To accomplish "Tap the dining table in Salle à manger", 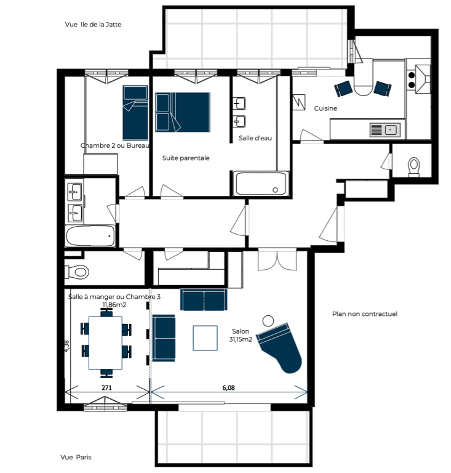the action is coord(105,342).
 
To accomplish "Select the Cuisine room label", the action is coord(325,108).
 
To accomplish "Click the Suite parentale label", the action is coord(186,158).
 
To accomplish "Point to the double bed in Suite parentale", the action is coord(183,112).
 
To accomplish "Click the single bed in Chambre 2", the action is coord(135,113).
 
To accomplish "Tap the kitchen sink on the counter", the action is coord(385,130).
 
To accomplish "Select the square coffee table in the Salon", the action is coord(205,338).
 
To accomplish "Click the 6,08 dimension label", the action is coord(228,387).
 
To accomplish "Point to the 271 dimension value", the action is coord(106,387).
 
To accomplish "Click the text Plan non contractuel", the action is coord(364,314).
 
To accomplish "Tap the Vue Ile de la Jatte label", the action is coord(93,25).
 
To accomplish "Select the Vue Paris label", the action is coord(76,457).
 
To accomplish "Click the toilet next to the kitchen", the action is coord(414,167).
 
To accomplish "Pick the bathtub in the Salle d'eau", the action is coord(261,184).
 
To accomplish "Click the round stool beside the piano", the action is coord(268,321).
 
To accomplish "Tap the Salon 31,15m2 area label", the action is coord(241,336).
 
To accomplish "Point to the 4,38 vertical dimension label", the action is coord(67,346).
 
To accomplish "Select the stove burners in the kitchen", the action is coord(411,80).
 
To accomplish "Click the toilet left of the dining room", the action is coord(77,272).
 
